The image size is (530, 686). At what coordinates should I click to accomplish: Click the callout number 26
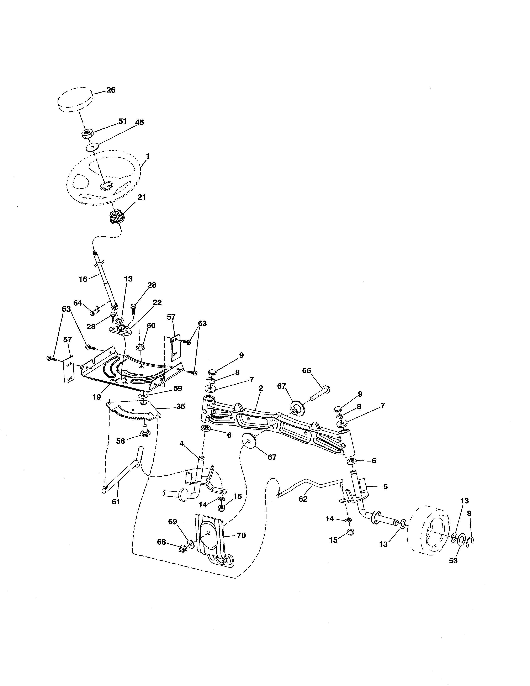pyautogui.click(x=111, y=90)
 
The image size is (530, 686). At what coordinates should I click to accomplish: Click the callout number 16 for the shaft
pyautogui.click(x=83, y=279)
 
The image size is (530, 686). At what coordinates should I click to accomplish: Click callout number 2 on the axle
pyautogui.click(x=261, y=388)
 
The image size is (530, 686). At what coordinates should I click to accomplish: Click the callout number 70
pyautogui.click(x=241, y=535)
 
